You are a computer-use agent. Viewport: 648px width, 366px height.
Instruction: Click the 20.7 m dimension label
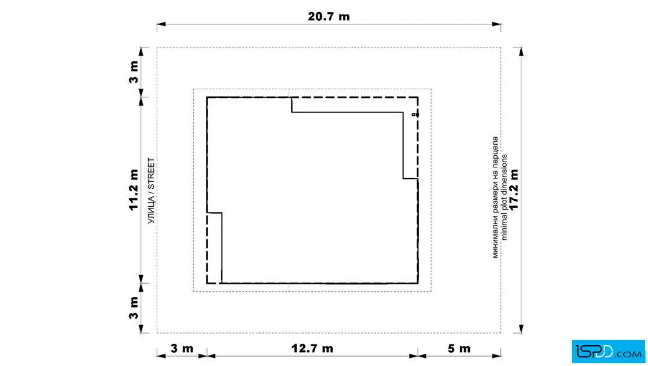point(329,17)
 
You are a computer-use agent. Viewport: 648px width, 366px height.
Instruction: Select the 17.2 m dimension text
point(514,189)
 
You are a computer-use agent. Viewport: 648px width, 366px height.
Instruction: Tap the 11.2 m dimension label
point(134,190)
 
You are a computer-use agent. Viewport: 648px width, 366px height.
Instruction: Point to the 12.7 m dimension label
point(312,348)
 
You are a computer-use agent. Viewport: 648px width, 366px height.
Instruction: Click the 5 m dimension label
point(459,349)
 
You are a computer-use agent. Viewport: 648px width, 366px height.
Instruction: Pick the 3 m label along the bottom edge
point(182,348)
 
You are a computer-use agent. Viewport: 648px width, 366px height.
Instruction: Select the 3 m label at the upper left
point(134,72)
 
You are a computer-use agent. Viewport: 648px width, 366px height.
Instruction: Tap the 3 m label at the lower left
point(134,308)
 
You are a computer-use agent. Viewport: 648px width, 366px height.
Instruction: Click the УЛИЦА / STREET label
point(151,191)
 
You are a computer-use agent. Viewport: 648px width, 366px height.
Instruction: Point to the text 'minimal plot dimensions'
point(504,197)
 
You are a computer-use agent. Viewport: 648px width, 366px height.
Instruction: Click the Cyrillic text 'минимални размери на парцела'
point(495,197)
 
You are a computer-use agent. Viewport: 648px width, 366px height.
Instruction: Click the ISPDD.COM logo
point(608,352)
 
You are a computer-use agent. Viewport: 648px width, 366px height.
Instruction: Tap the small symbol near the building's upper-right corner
point(415,115)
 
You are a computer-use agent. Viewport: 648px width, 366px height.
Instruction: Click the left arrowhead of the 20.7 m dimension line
point(161,24)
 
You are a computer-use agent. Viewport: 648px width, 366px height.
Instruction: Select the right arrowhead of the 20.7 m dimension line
point(496,24)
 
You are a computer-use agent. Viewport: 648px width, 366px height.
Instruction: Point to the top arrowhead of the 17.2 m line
point(521,52)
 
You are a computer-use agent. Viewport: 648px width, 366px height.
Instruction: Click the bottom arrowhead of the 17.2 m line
point(521,328)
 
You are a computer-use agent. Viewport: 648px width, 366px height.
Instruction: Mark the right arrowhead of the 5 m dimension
point(496,356)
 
